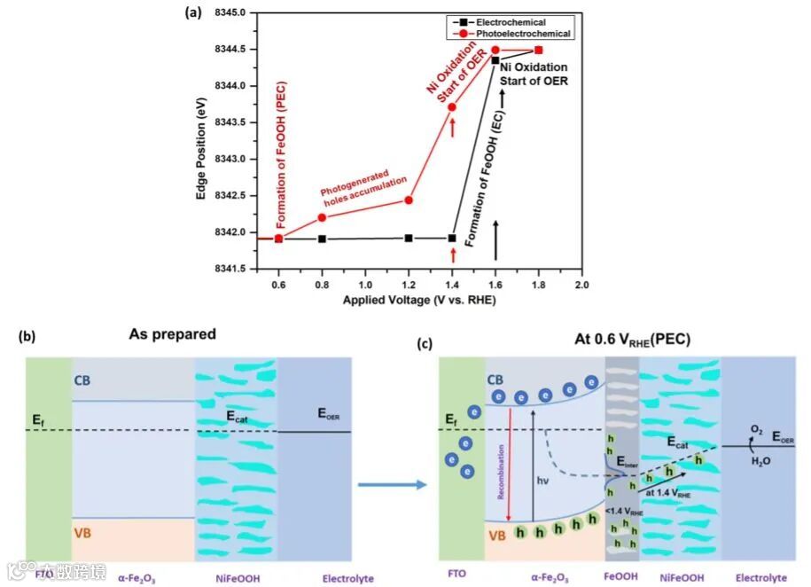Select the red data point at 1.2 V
tap(409, 200)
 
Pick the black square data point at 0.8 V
tap(322, 239)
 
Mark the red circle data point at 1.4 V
tap(452, 107)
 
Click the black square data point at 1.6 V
tap(495, 60)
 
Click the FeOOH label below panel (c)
tap(622, 577)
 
